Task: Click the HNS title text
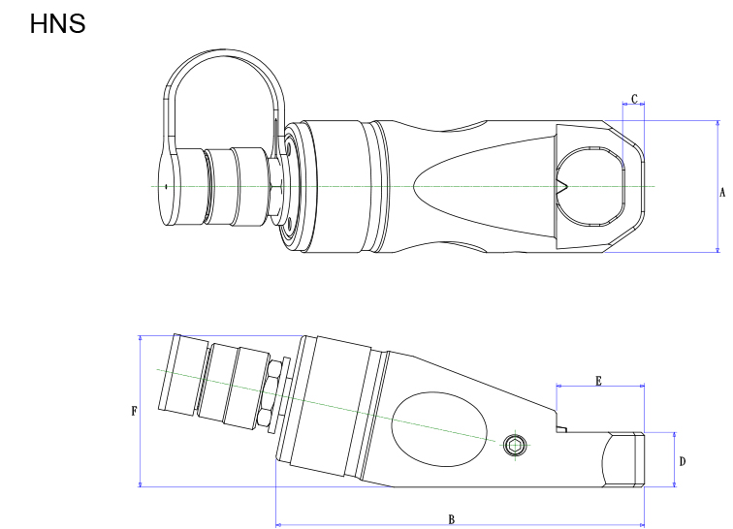[x=58, y=23]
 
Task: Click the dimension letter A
[x=721, y=193]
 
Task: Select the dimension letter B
[x=451, y=519]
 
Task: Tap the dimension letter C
[x=634, y=99]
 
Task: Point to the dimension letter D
[x=683, y=461]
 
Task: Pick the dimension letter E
[x=598, y=382]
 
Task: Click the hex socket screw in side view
[x=516, y=446]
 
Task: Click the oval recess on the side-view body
[x=442, y=425]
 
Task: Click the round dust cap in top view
[x=177, y=186]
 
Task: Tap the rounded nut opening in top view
[x=591, y=186]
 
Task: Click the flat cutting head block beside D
[x=622, y=460]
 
